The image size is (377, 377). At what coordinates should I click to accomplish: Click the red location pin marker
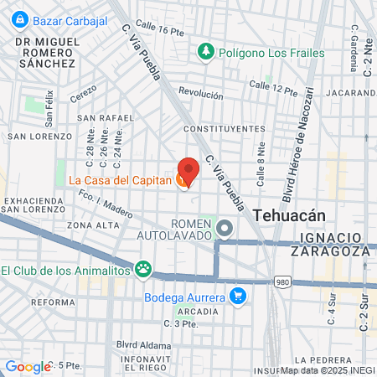[187, 170]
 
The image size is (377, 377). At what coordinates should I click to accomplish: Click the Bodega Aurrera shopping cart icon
[238, 296]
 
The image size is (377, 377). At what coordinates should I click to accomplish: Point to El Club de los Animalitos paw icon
[144, 269]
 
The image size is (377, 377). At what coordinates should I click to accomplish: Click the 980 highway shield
[284, 282]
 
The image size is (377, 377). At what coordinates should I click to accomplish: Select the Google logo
[28, 366]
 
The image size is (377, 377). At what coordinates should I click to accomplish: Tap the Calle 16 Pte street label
[159, 31]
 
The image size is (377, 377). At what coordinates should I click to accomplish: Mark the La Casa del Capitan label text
[120, 180]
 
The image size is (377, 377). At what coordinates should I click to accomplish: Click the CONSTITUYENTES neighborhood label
[223, 129]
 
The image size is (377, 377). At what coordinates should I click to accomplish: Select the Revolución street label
[201, 94]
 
